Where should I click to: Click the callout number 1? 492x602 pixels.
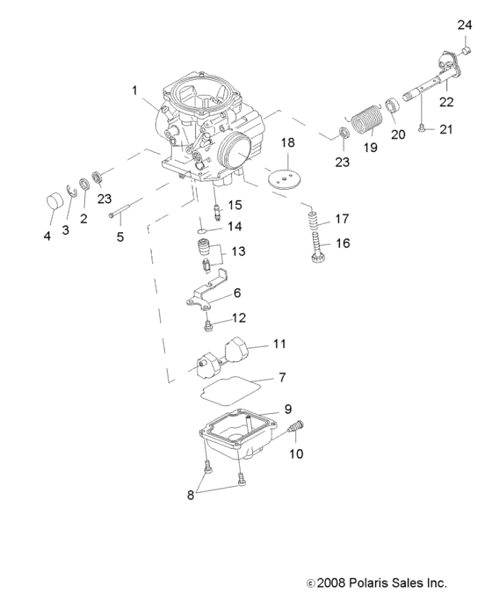pyautogui.click(x=134, y=90)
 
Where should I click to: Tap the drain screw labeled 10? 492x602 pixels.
pyautogui.click(x=295, y=429)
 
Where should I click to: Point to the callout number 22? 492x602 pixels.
pyautogui.click(x=447, y=102)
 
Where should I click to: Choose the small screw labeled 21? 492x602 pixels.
pyautogui.click(x=423, y=130)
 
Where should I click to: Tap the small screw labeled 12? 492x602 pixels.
pyautogui.click(x=208, y=325)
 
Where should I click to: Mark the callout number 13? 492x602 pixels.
pyautogui.click(x=237, y=253)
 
